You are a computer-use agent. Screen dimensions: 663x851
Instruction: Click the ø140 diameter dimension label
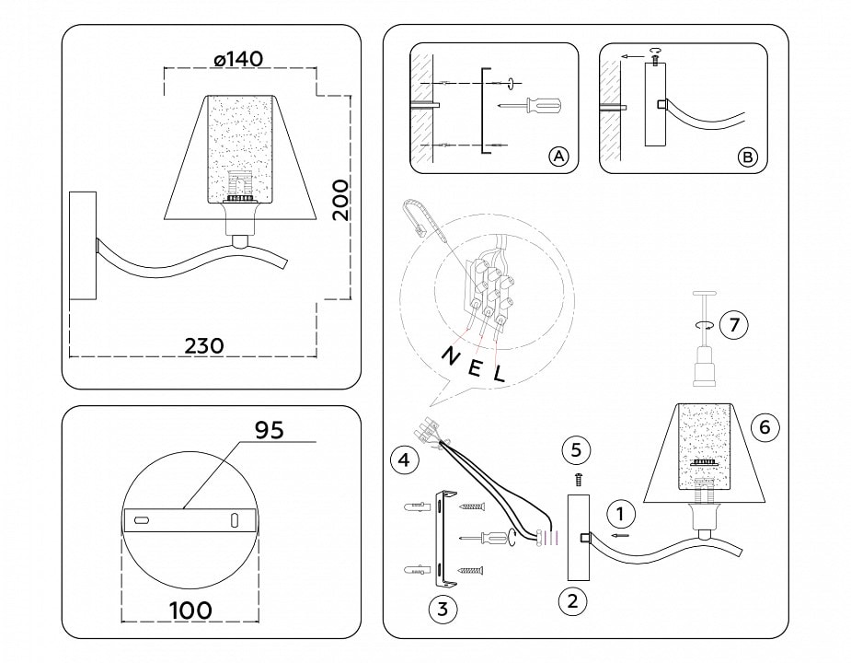(237, 59)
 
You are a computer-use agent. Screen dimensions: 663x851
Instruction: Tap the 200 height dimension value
(340, 198)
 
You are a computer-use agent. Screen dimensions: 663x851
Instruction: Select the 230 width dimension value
(204, 345)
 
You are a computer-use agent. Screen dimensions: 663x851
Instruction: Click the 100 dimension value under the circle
(190, 610)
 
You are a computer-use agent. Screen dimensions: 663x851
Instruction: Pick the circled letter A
(558, 157)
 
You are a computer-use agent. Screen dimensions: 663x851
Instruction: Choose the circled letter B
(749, 157)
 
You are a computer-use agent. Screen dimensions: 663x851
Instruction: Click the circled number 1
(621, 513)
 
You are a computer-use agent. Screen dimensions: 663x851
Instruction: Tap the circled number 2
(572, 601)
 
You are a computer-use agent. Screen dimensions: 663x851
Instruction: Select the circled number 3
(443, 609)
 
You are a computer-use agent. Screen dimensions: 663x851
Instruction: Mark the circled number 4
(401, 458)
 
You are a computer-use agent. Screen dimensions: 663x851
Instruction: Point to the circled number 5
(577, 450)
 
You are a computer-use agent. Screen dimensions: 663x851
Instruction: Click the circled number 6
(765, 426)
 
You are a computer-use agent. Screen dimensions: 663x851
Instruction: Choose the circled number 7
(733, 325)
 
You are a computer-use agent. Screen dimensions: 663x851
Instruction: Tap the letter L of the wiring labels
(499, 375)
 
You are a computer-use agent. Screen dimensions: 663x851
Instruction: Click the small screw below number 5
(577, 479)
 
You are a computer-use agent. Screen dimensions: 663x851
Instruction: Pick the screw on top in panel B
(654, 59)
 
